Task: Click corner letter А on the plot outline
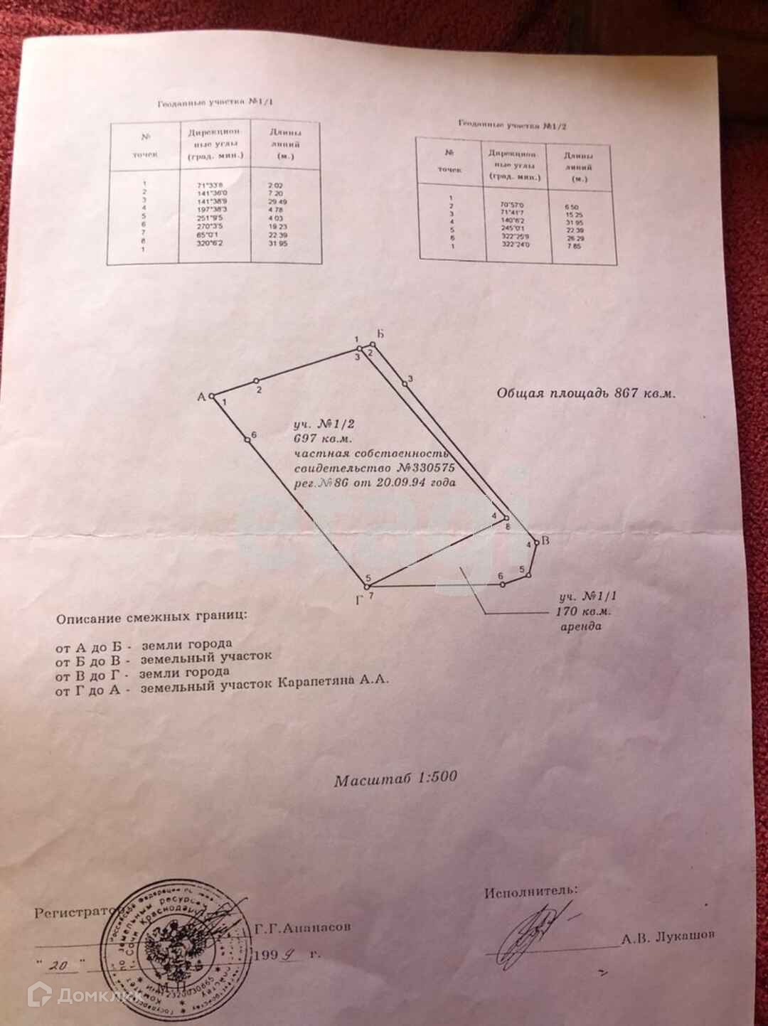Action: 201,397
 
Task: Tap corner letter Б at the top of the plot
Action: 380,334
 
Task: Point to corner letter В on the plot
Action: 545,542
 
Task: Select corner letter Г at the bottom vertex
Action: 360,600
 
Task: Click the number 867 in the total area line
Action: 626,393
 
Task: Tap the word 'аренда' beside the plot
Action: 581,626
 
